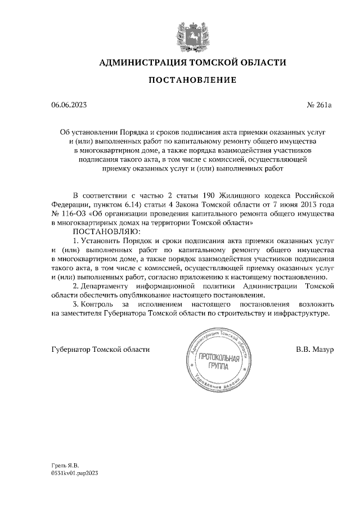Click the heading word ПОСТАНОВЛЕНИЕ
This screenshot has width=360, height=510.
pos(192,80)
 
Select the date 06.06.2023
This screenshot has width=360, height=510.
pos(69,105)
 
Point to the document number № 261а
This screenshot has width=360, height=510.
pos(321,105)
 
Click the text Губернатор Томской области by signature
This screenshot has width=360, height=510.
pos(101,349)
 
